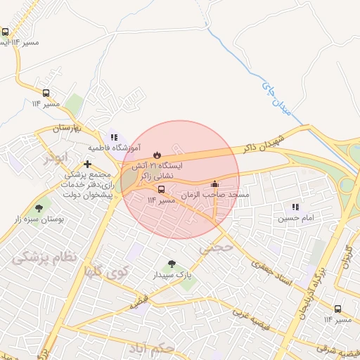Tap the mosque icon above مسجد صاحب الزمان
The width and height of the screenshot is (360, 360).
[x=214, y=184]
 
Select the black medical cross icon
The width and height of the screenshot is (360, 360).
[x=87, y=164]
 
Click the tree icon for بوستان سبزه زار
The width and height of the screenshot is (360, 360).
[x=38, y=208]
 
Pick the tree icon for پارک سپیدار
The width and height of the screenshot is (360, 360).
[x=172, y=264]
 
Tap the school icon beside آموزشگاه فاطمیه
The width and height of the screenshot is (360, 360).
[x=114, y=138]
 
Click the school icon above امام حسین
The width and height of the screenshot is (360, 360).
[x=296, y=207]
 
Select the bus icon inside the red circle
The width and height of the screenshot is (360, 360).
[x=162, y=190]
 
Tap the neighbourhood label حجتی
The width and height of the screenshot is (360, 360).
[x=215, y=247]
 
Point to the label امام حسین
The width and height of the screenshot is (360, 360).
[x=294, y=218]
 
